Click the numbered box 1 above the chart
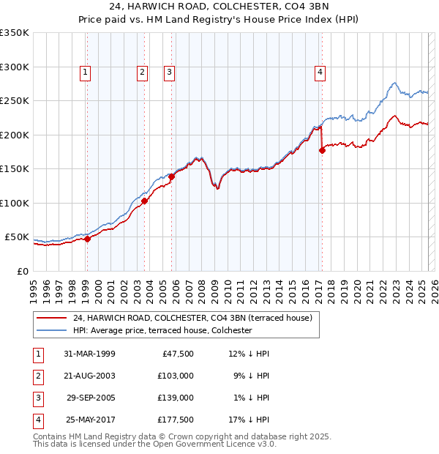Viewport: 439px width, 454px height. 86,72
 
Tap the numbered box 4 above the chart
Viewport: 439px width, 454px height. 320,72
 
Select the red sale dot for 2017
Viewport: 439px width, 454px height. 322,150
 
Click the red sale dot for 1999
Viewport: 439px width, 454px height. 87,239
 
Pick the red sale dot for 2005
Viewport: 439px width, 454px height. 171,176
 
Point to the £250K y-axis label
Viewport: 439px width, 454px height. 15,101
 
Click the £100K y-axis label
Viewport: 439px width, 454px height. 15,203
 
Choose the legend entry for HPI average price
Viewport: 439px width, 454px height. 162,331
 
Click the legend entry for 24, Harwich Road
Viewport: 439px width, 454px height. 192,318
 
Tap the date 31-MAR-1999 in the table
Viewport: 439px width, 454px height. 89,353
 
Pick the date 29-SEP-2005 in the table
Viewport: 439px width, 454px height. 89,398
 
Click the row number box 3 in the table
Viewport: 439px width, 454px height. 37,398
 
